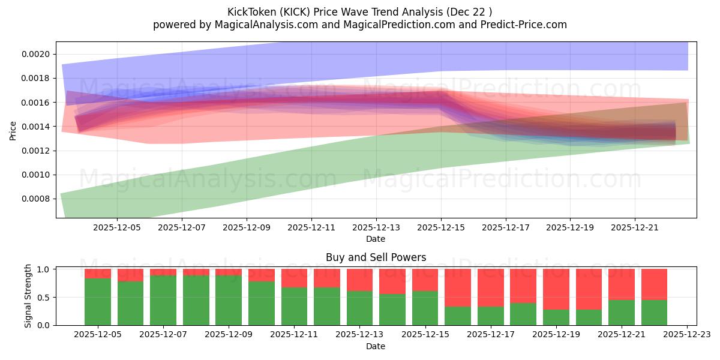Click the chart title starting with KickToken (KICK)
[359, 11]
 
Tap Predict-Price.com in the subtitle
[519, 25]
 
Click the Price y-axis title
[13, 130]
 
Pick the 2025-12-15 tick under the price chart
[441, 228]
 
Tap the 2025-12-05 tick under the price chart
[117, 228]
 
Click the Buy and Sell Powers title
[376, 257]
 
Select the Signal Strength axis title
[28, 296]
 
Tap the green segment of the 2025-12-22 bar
[654, 313]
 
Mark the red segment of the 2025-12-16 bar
[458, 287]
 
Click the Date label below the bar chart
[376, 346]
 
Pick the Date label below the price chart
[376, 239]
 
